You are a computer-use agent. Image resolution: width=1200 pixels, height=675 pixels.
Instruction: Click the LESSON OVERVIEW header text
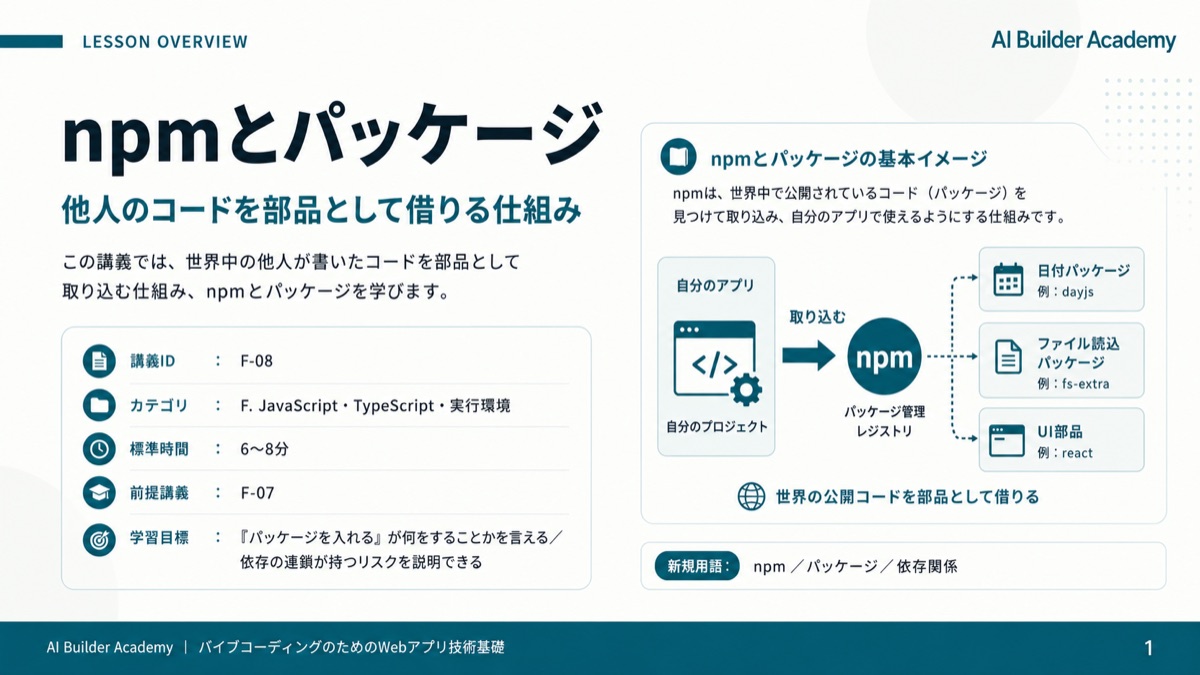click(x=165, y=41)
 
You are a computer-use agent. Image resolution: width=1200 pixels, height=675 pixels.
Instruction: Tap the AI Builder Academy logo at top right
click(x=1083, y=40)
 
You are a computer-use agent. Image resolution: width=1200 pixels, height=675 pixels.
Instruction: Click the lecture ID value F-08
click(x=257, y=361)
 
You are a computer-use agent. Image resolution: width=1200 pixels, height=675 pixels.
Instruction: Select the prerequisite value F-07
click(x=257, y=493)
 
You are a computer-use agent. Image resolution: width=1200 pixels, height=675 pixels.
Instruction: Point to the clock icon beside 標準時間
click(x=99, y=449)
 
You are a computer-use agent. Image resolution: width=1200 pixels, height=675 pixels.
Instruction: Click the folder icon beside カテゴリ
click(x=99, y=405)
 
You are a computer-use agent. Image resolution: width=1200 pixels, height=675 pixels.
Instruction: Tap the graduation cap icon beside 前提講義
click(x=99, y=493)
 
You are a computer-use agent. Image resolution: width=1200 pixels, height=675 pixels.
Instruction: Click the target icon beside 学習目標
click(x=99, y=539)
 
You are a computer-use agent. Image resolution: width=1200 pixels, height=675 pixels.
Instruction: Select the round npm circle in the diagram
click(x=884, y=357)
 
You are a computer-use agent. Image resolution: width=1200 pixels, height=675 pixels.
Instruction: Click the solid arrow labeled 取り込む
click(x=808, y=356)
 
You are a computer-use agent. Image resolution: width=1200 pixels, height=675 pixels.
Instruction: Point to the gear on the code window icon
click(x=746, y=389)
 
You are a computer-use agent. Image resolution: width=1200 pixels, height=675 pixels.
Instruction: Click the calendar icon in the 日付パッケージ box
click(x=1008, y=280)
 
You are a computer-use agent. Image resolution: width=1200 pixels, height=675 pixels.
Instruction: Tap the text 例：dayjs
click(x=1066, y=292)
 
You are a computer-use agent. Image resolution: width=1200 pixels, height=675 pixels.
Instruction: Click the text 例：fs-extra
click(x=1073, y=384)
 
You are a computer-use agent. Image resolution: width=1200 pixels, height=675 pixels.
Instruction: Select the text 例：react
click(x=1064, y=453)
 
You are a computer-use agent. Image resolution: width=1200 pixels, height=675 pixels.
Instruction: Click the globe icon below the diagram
click(x=752, y=497)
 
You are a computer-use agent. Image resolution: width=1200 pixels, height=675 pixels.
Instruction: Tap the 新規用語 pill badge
click(x=697, y=566)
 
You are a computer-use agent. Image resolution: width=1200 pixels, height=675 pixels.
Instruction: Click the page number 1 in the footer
click(x=1149, y=649)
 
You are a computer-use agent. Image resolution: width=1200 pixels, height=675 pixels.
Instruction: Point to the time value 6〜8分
click(x=264, y=449)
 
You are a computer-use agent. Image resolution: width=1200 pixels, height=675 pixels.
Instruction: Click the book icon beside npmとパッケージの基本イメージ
click(x=678, y=157)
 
